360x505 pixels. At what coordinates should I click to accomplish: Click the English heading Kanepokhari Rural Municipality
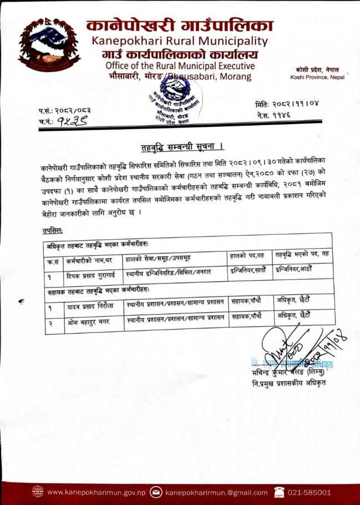pyautogui.click(x=180, y=41)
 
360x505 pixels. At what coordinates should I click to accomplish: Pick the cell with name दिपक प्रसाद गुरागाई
pyautogui.click(x=92, y=274)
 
